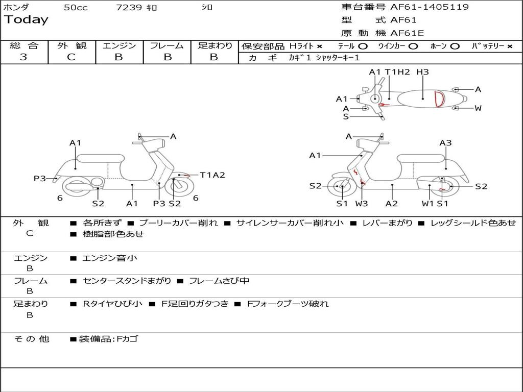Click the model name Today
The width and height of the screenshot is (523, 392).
[26, 20]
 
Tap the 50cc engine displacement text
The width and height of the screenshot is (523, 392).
[76, 8]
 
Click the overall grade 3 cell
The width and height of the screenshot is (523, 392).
[23, 57]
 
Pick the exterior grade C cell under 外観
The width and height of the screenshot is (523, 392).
[72, 57]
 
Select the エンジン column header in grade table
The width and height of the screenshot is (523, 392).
[119, 46]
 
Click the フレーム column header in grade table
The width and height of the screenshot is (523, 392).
[167, 46]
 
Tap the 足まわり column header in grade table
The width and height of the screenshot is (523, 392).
[215, 46]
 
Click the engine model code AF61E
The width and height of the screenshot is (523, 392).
[407, 34]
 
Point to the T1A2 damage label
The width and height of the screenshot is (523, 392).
[212, 175]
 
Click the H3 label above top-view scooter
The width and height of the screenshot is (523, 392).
[422, 72]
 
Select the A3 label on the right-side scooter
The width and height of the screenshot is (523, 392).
[445, 143]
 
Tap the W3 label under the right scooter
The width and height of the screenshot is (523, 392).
[362, 203]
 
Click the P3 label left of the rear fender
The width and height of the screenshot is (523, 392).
[40, 178]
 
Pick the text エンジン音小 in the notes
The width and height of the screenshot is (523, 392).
[109, 258]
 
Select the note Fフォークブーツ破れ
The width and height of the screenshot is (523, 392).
[288, 304]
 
